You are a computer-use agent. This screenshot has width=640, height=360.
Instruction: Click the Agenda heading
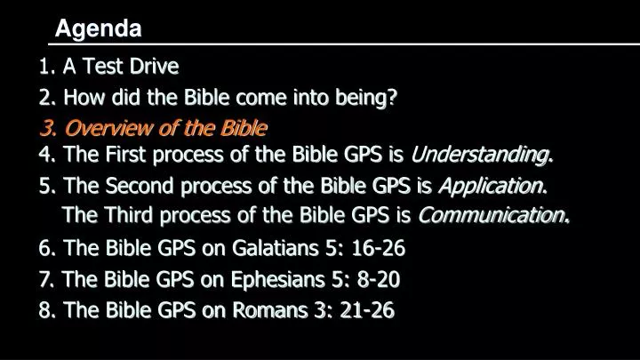coord(99,29)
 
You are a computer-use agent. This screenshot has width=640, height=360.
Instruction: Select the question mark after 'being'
coord(391,97)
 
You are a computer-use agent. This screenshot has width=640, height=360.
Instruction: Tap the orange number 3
coord(47,128)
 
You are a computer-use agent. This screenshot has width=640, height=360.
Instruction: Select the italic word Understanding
coord(480,155)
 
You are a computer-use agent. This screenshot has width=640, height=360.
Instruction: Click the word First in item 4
coord(125,155)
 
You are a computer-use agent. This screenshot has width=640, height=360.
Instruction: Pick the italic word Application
coord(492,186)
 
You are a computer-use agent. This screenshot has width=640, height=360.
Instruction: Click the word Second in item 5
coord(140,186)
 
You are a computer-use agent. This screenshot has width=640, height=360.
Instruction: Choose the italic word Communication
coord(492,215)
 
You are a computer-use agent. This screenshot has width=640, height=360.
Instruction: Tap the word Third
coord(128,215)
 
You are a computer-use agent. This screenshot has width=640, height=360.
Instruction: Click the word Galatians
coord(275,248)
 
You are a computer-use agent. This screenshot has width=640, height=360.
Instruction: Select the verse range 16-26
coord(379,248)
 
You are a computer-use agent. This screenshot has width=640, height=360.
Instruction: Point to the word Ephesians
coord(277,280)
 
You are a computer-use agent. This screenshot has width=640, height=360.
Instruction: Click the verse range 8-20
coord(379,280)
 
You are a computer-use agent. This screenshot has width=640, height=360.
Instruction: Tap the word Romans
coord(270,310)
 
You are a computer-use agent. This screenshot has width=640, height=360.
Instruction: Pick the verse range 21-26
coord(367,310)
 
